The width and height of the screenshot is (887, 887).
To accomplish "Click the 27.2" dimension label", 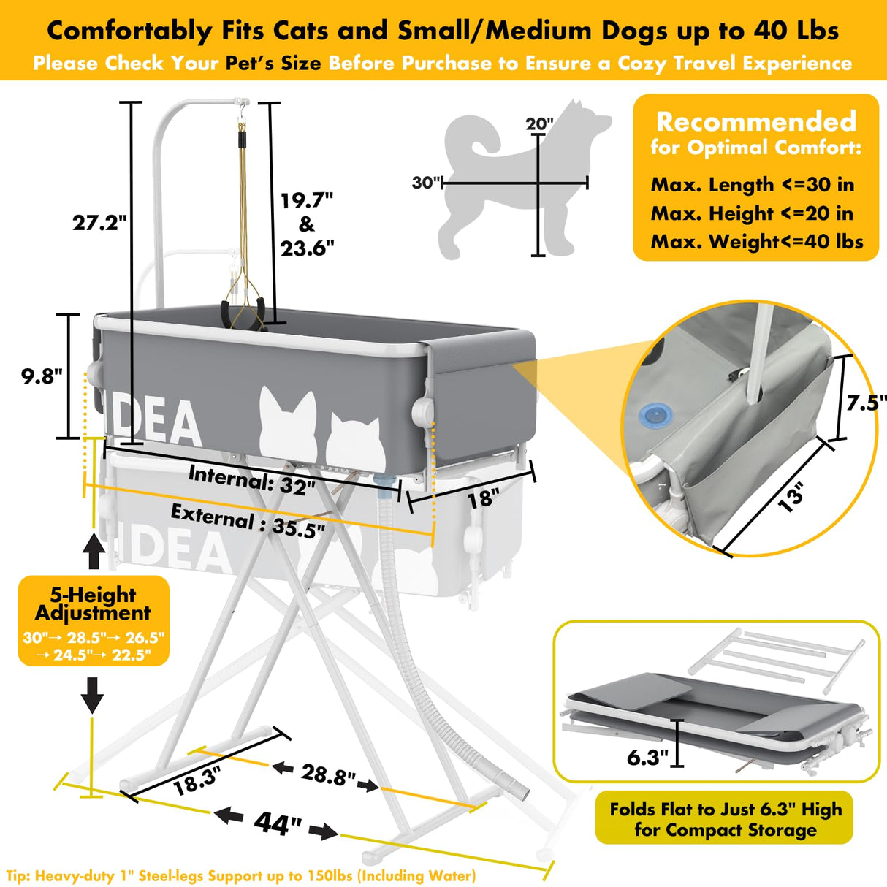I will point(99,222).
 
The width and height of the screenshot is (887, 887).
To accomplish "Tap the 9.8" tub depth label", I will point(42,376).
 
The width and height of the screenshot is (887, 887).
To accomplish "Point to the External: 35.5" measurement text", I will point(248,521).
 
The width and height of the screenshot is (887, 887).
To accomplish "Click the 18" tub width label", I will point(483,498).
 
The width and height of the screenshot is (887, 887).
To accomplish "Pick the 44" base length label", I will point(277,823).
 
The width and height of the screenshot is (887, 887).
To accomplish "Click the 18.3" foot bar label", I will point(195,781).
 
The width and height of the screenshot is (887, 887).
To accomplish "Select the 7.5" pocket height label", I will point(866,403).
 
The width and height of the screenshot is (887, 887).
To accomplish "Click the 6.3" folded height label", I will point(647,757).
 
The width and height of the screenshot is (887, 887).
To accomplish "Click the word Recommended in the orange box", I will point(755,121).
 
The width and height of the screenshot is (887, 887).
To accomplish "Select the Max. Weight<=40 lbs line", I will point(756,241).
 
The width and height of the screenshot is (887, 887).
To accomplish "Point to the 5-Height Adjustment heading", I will point(93,604).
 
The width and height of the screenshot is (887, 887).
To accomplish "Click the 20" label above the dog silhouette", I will point(540,123).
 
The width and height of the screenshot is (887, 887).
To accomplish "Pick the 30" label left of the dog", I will point(426,183).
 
